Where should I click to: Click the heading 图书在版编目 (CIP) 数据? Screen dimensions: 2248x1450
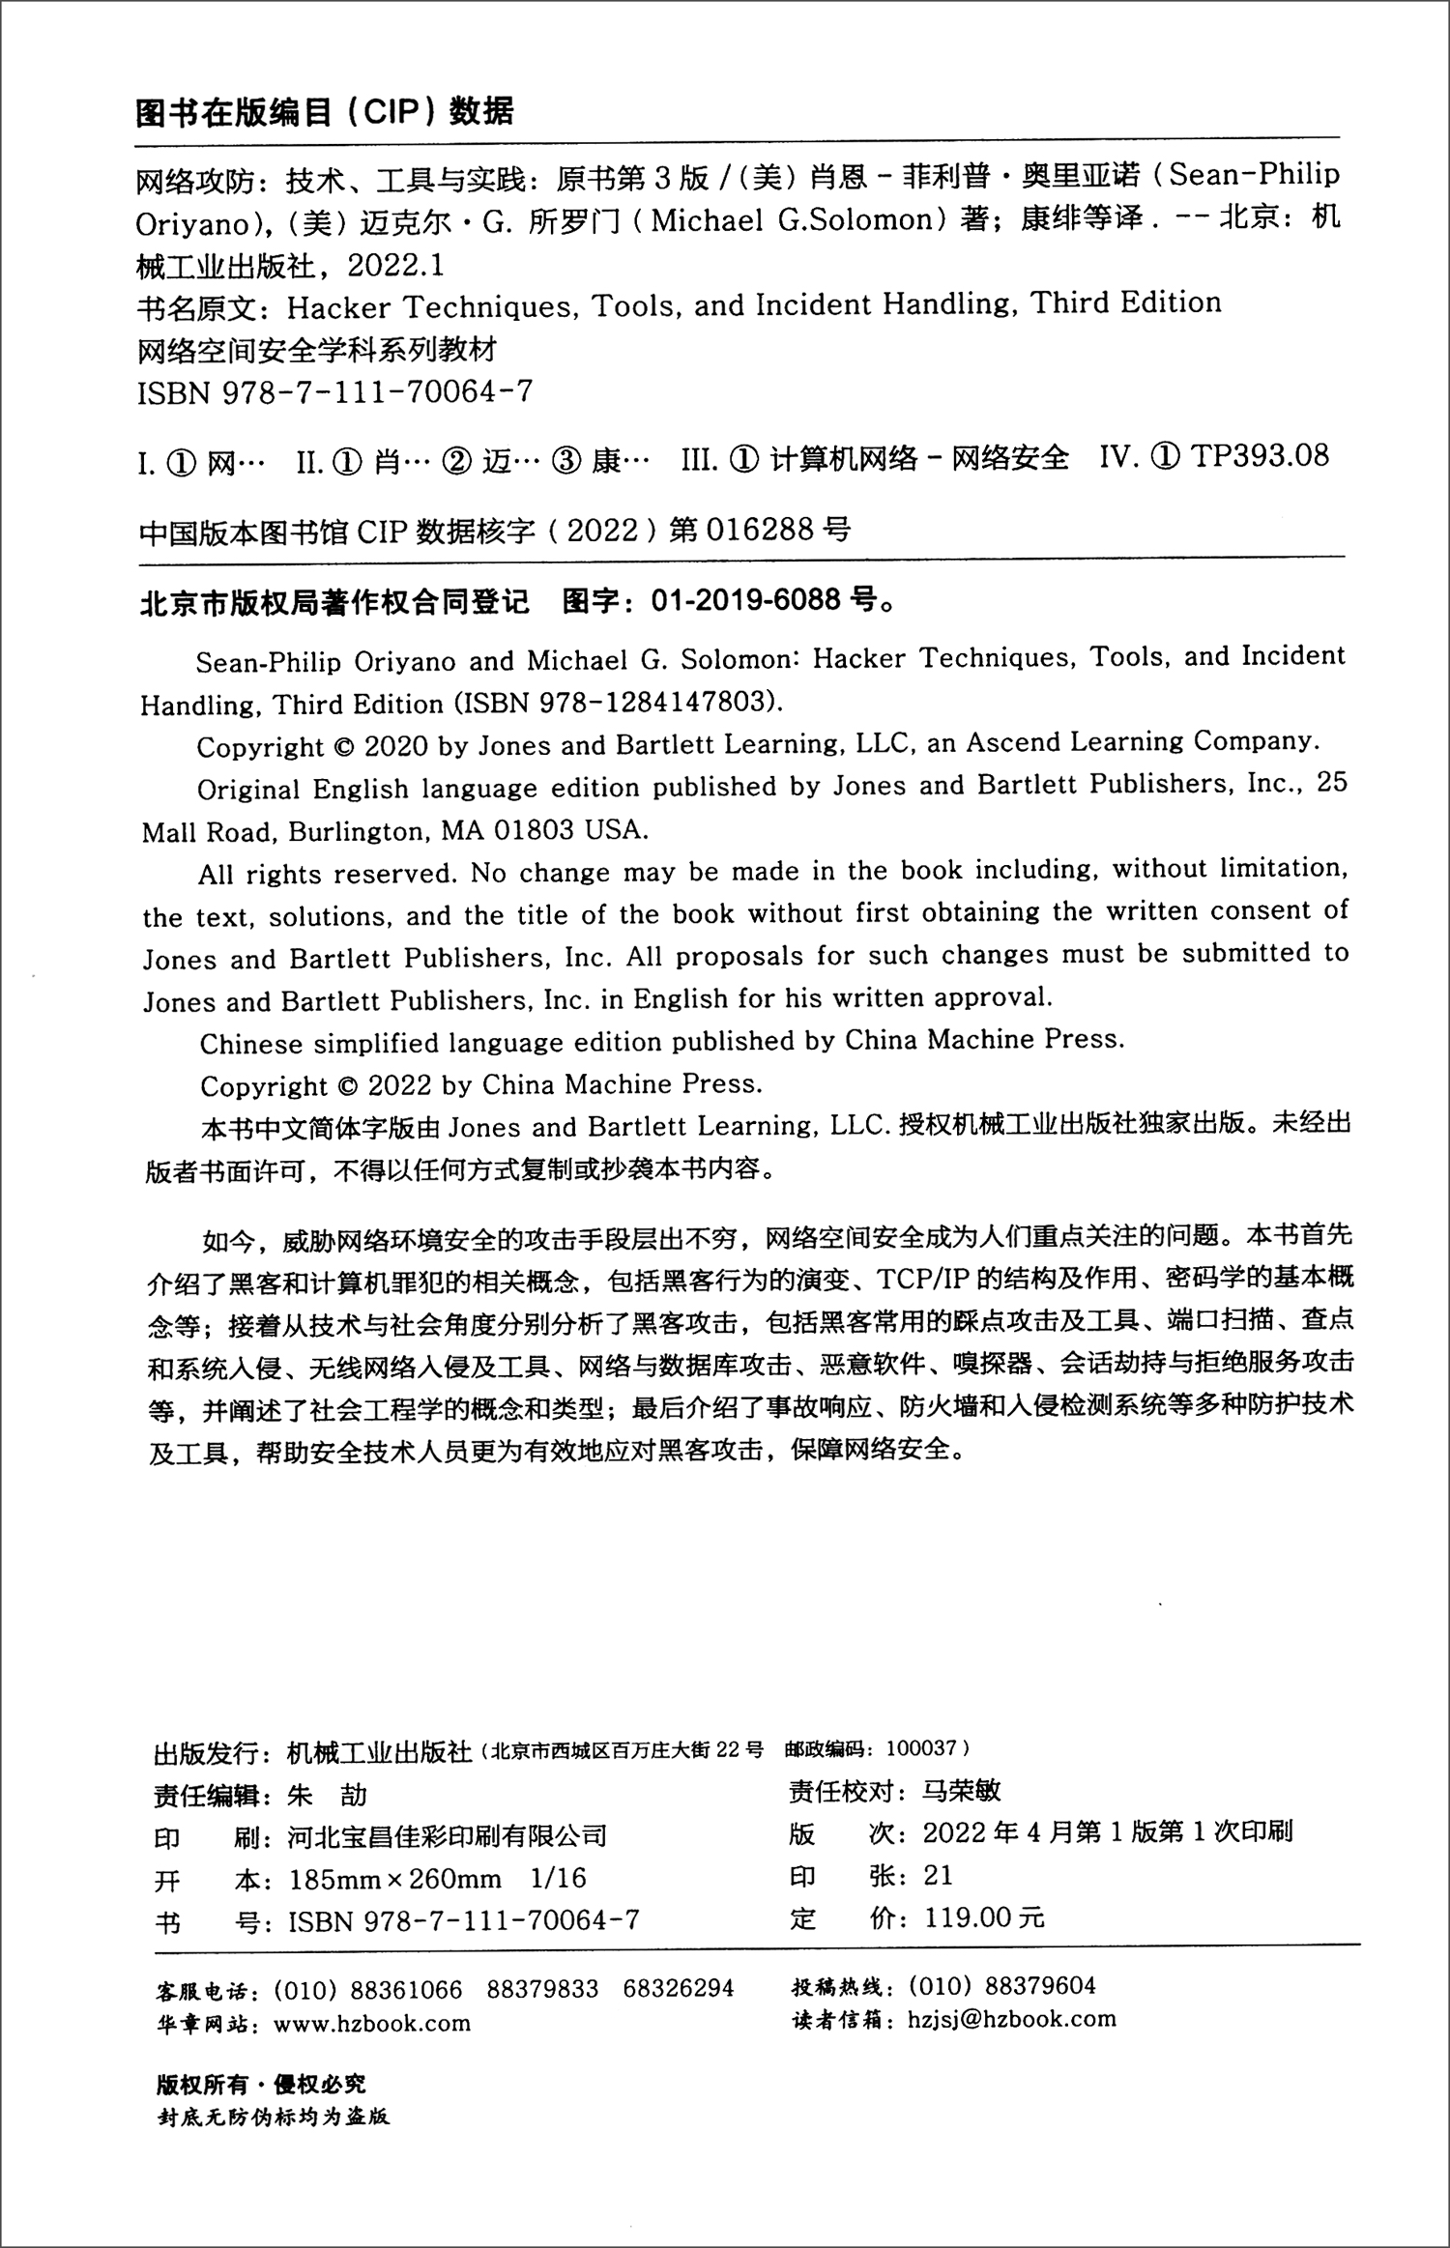click(x=325, y=113)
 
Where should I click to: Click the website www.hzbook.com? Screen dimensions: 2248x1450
click(x=372, y=2023)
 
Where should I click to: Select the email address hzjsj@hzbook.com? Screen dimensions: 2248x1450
click(x=1012, y=2019)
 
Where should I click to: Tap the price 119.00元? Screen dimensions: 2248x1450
click(x=984, y=1918)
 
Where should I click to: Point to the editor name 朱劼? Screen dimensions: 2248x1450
click(x=328, y=1796)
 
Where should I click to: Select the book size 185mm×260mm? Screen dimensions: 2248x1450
click(x=395, y=1879)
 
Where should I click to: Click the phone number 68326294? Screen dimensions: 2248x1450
click(x=679, y=1989)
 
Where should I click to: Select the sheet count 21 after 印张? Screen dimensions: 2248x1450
click(x=939, y=1875)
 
